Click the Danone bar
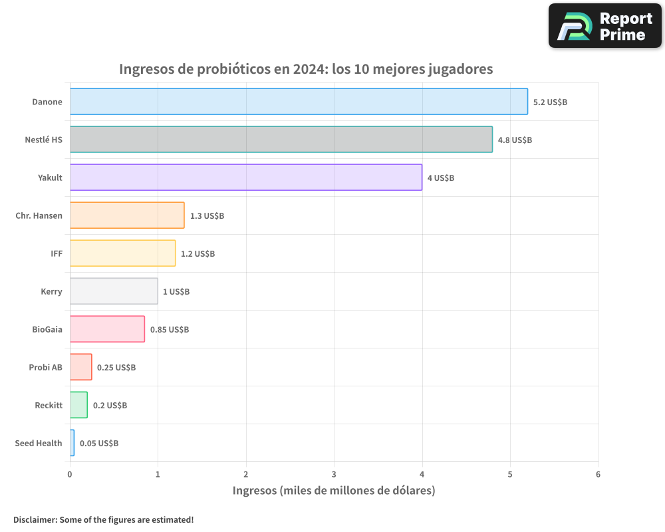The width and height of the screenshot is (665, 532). (x=299, y=102)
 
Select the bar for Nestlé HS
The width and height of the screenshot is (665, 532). (x=281, y=140)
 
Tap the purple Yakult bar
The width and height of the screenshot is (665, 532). (x=245, y=178)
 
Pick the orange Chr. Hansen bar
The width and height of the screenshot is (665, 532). (x=127, y=215)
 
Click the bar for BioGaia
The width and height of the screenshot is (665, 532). (x=107, y=329)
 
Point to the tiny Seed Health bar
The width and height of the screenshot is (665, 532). (x=72, y=443)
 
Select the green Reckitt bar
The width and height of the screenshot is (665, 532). (x=78, y=405)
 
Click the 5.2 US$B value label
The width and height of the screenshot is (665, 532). (x=550, y=102)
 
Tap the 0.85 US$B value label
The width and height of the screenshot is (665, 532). (x=170, y=330)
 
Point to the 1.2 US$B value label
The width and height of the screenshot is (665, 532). (x=198, y=254)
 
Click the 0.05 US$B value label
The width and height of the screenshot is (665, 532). (x=99, y=444)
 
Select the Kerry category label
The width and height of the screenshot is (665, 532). (x=51, y=291)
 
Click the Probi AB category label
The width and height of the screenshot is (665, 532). (x=45, y=367)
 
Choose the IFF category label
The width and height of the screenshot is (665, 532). (x=57, y=253)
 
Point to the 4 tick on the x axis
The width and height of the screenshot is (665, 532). (x=422, y=474)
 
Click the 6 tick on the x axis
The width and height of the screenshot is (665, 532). (x=598, y=474)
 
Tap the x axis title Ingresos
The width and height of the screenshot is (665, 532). (x=333, y=491)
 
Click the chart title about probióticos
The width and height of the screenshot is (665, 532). (x=306, y=69)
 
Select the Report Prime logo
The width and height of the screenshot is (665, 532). (x=604, y=26)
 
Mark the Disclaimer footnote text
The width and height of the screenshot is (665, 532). (x=103, y=519)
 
